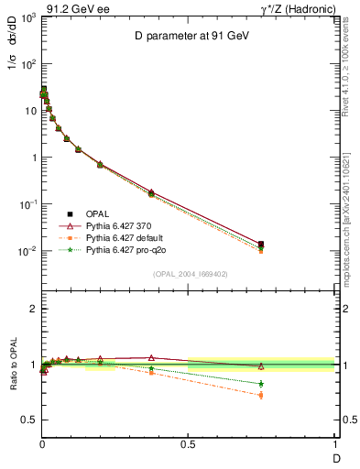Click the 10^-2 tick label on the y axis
tap(26, 251)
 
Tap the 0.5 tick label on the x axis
tap(188, 445)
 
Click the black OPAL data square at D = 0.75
tap(261, 244)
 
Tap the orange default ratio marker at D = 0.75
tap(261, 396)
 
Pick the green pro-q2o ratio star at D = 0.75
tap(261, 384)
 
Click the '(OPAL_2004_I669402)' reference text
tap(190, 273)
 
